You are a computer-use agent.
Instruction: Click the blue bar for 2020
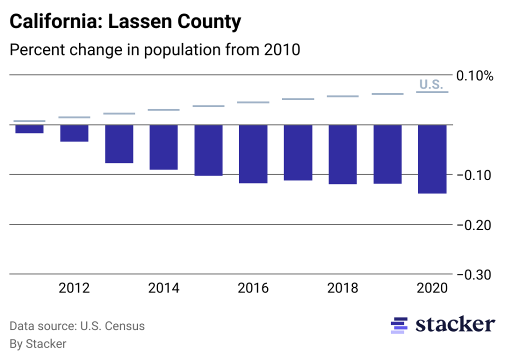pyautogui.click(x=432, y=159)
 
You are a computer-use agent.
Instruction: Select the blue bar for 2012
pyautogui.click(x=74, y=133)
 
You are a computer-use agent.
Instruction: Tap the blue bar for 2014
pyautogui.click(x=163, y=147)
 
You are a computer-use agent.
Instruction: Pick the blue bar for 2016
pyautogui.click(x=253, y=154)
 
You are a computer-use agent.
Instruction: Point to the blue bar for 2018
pyautogui.click(x=342, y=154)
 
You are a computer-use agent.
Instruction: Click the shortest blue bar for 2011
pyautogui.click(x=29, y=129)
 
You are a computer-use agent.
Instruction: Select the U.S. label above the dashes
pyautogui.click(x=431, y=84)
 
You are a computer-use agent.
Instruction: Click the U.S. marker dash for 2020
pyautogui.click(x=432, y=92)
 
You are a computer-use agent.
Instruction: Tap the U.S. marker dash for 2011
pyautogui.click(x=29, y=121)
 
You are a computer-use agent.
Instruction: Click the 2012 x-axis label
pyautogui.click(x=74, y=288)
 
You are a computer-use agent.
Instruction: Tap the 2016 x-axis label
pyautogui.click(x=253, y=288)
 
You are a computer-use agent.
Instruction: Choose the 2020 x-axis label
pyautogui.click(x=432, y=288)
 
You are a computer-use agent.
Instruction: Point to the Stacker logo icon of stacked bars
pyautogui.click(x=399, y=325)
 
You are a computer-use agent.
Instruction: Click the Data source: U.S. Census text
pyautogui.click(x=77, y=326)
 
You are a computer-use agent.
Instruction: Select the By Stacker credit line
pyautogui.click(x=38, y=344)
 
